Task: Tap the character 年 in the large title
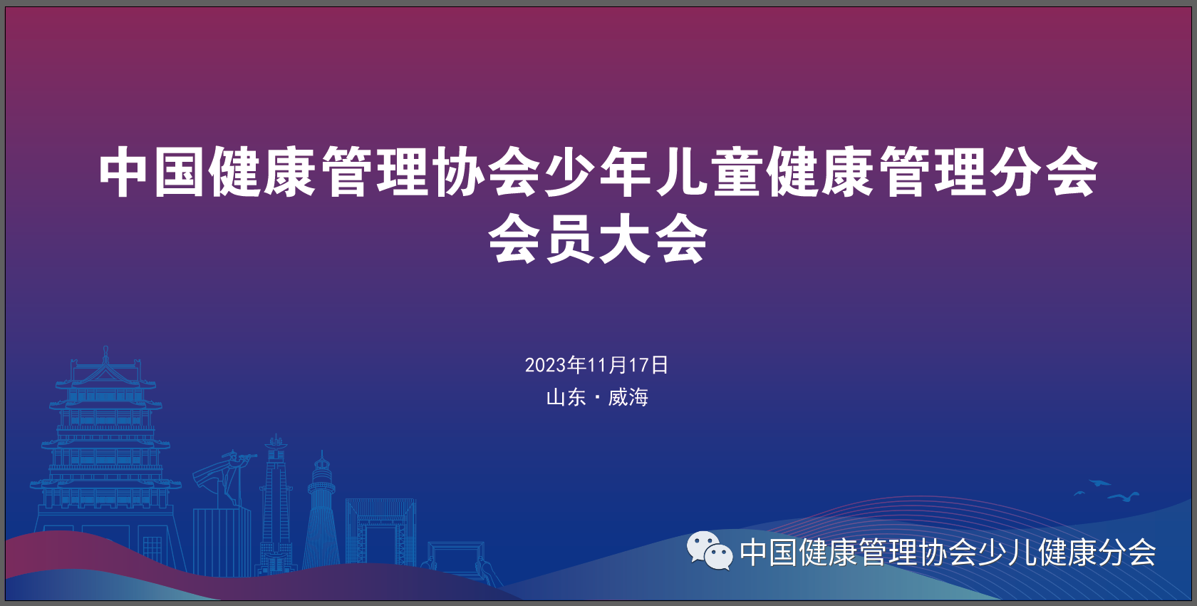pyautogui.click(x=626, y=173)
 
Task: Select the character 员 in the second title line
pyautogui.click(x=570, y=239)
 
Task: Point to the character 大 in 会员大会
pyautogui.click(x=626, y=239)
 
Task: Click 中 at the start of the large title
pyautogui.click(x=123, y=173)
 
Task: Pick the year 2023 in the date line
pyautogui.click(x=546, y=365)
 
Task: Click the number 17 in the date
pyautogui.click(x=638, y=365)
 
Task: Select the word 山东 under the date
pyautogui.click(x=566, y=397)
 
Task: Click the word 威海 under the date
pyautogui.click(x=628, y=397)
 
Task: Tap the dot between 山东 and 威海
pyautogui.click(x=597, y=397)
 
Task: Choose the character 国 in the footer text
pyautogui.click(x=784, y=553)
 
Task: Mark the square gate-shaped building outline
pyautogui.click(x=380, y=531)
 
